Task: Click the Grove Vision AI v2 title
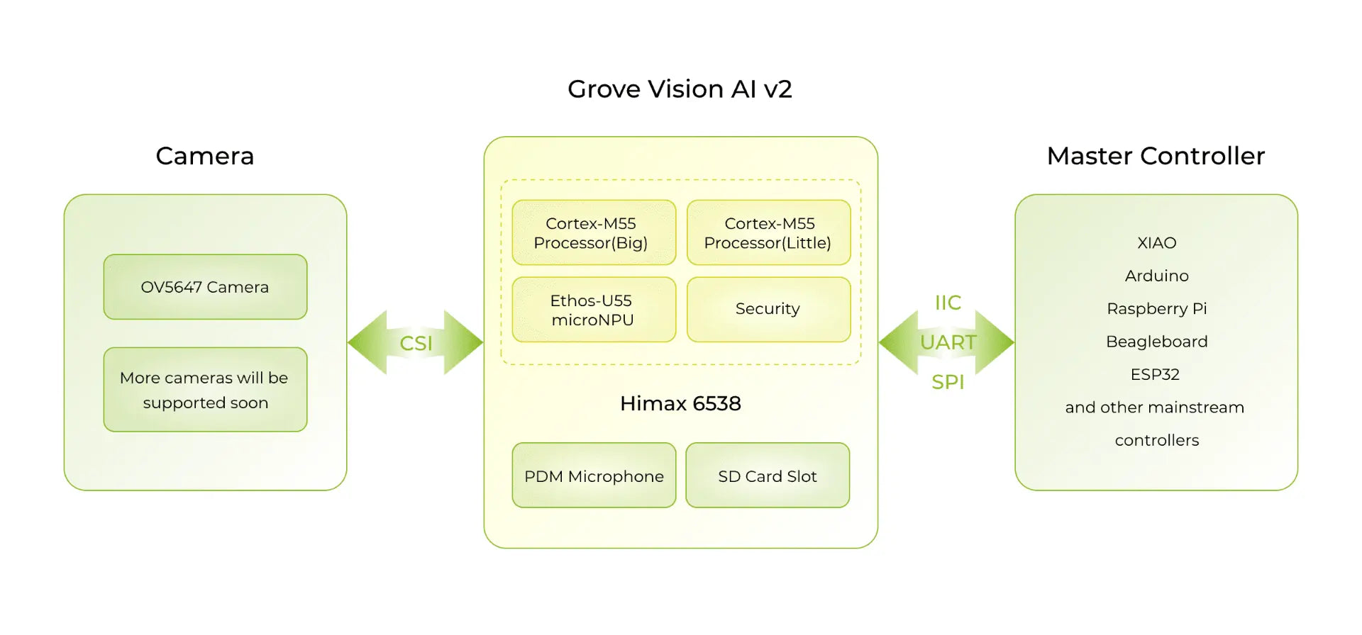point(680,89)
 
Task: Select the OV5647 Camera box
point(205,287)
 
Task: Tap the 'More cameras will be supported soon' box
point(205,390)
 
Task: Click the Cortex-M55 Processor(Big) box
point(593,233)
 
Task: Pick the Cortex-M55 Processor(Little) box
point(768,233)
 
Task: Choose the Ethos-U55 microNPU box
point(593,310)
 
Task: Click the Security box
point(768,309)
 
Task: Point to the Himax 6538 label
point(680,403)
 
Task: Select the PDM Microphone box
point(594,476)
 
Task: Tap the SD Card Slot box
point(768,476)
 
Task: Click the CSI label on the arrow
point(416,344)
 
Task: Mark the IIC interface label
point(948,303)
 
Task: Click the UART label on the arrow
point(948,342)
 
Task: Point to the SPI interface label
point(948,382)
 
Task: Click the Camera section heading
point(205,156)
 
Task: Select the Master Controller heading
point(1156,156)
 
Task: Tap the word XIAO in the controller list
point(1156,243)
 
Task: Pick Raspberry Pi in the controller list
point(1156,309)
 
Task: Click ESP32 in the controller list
point(1155,374)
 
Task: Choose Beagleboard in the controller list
point(1156,342)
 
